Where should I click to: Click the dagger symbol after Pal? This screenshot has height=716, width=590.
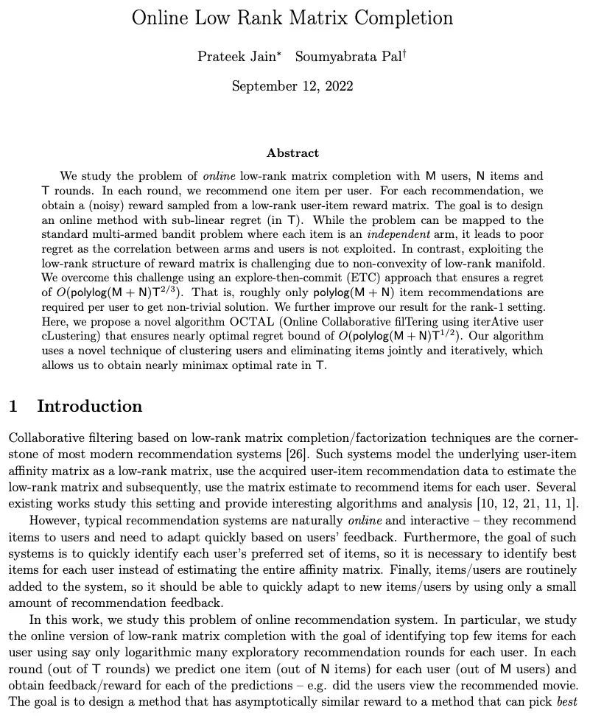click(404, 52)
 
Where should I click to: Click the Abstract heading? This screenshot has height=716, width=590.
click(292, 153)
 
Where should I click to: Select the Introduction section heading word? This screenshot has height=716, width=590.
click(89, 407)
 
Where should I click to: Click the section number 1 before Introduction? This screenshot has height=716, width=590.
click(13, 407)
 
